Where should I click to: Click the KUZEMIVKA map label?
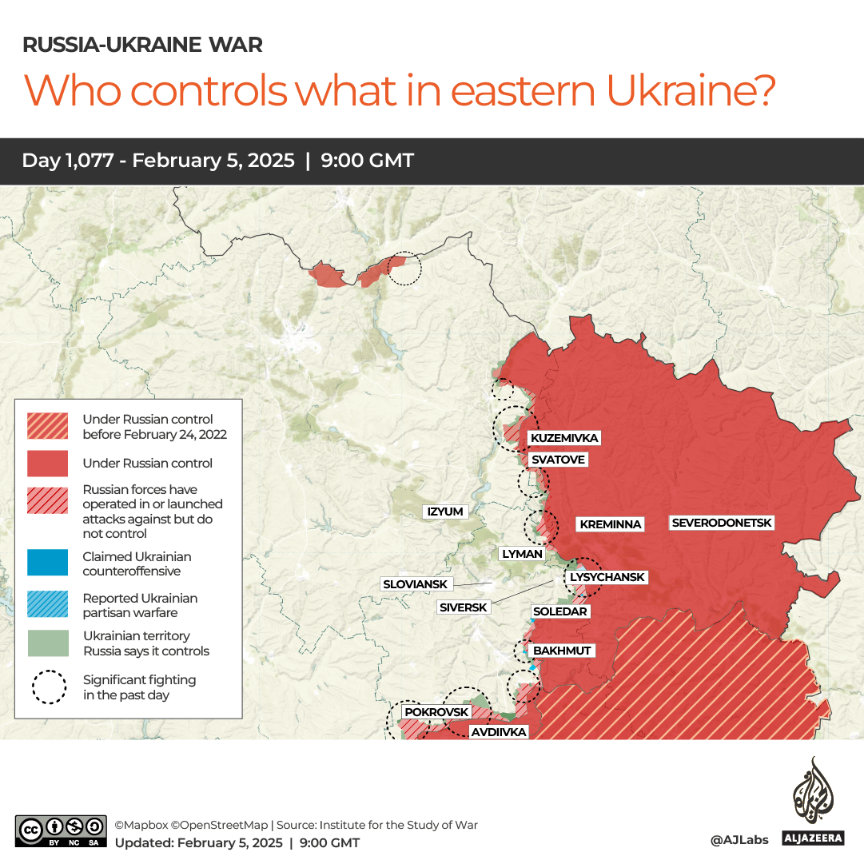(564, 438)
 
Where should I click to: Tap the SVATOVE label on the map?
(558, 460)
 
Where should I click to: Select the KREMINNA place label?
(611, 524)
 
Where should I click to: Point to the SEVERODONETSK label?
(723, 523)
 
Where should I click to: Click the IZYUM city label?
(445, 512)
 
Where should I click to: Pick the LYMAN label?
(522, 553)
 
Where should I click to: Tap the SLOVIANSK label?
(415, 584)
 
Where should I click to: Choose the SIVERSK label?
(464, 607)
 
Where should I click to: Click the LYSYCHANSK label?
(607, 577)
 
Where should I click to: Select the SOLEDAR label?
(560, 611)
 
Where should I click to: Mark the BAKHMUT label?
(562, 651)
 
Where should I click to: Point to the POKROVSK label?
(436, 711)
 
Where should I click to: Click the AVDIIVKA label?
(498, 731)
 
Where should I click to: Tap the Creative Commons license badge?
(60, 830)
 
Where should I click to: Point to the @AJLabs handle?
(739, 839)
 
